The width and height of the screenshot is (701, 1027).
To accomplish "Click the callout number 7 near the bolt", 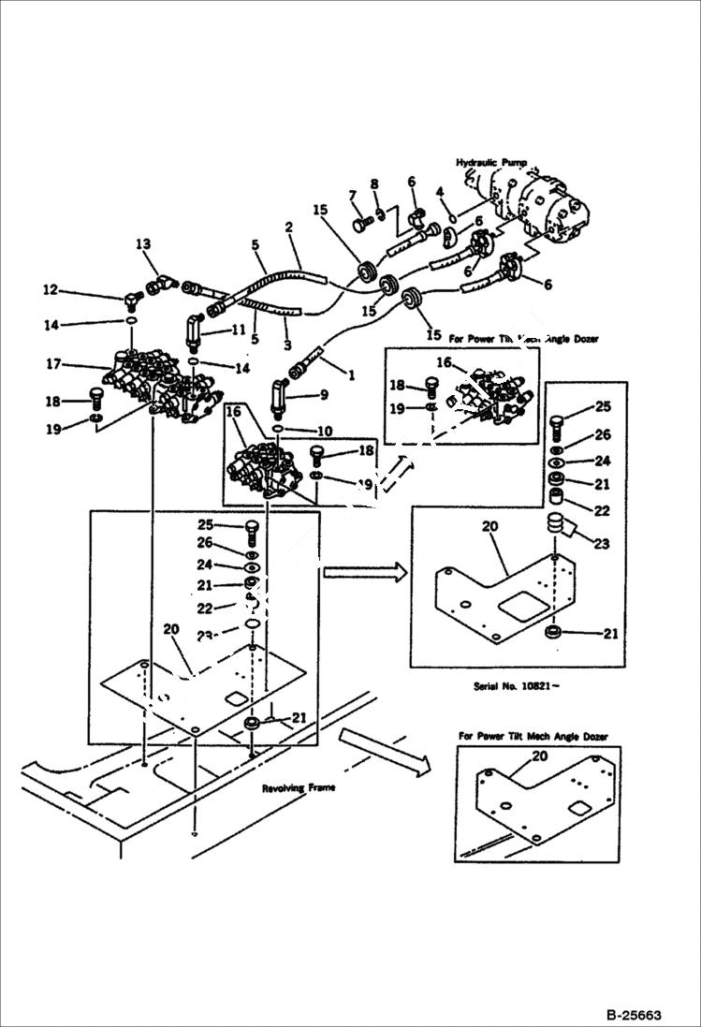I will coord(353,195).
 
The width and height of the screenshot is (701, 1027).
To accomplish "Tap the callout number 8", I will coord(373,183).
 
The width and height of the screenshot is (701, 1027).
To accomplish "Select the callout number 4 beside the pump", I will coord(438,193).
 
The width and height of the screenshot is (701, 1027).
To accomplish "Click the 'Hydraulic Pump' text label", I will coord(492,162).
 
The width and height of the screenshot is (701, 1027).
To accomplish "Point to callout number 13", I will coord(142,244).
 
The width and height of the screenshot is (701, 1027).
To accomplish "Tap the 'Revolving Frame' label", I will coord(298,787).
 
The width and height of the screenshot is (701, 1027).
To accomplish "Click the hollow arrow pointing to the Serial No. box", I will coord(365,571).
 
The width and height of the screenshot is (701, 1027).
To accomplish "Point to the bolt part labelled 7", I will coord(362,224).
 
